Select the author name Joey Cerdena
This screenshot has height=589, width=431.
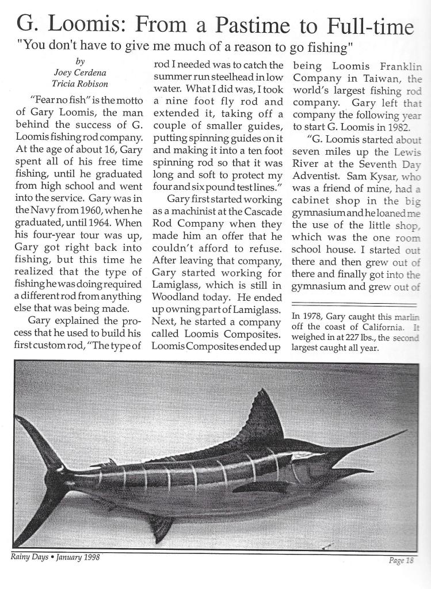click(x=80, y=72)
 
